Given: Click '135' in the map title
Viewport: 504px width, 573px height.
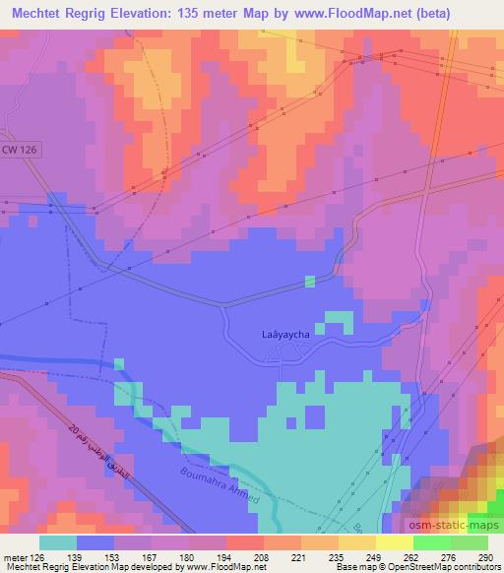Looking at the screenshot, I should point(210,13).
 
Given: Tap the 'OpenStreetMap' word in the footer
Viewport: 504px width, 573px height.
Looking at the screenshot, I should point(428,567).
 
